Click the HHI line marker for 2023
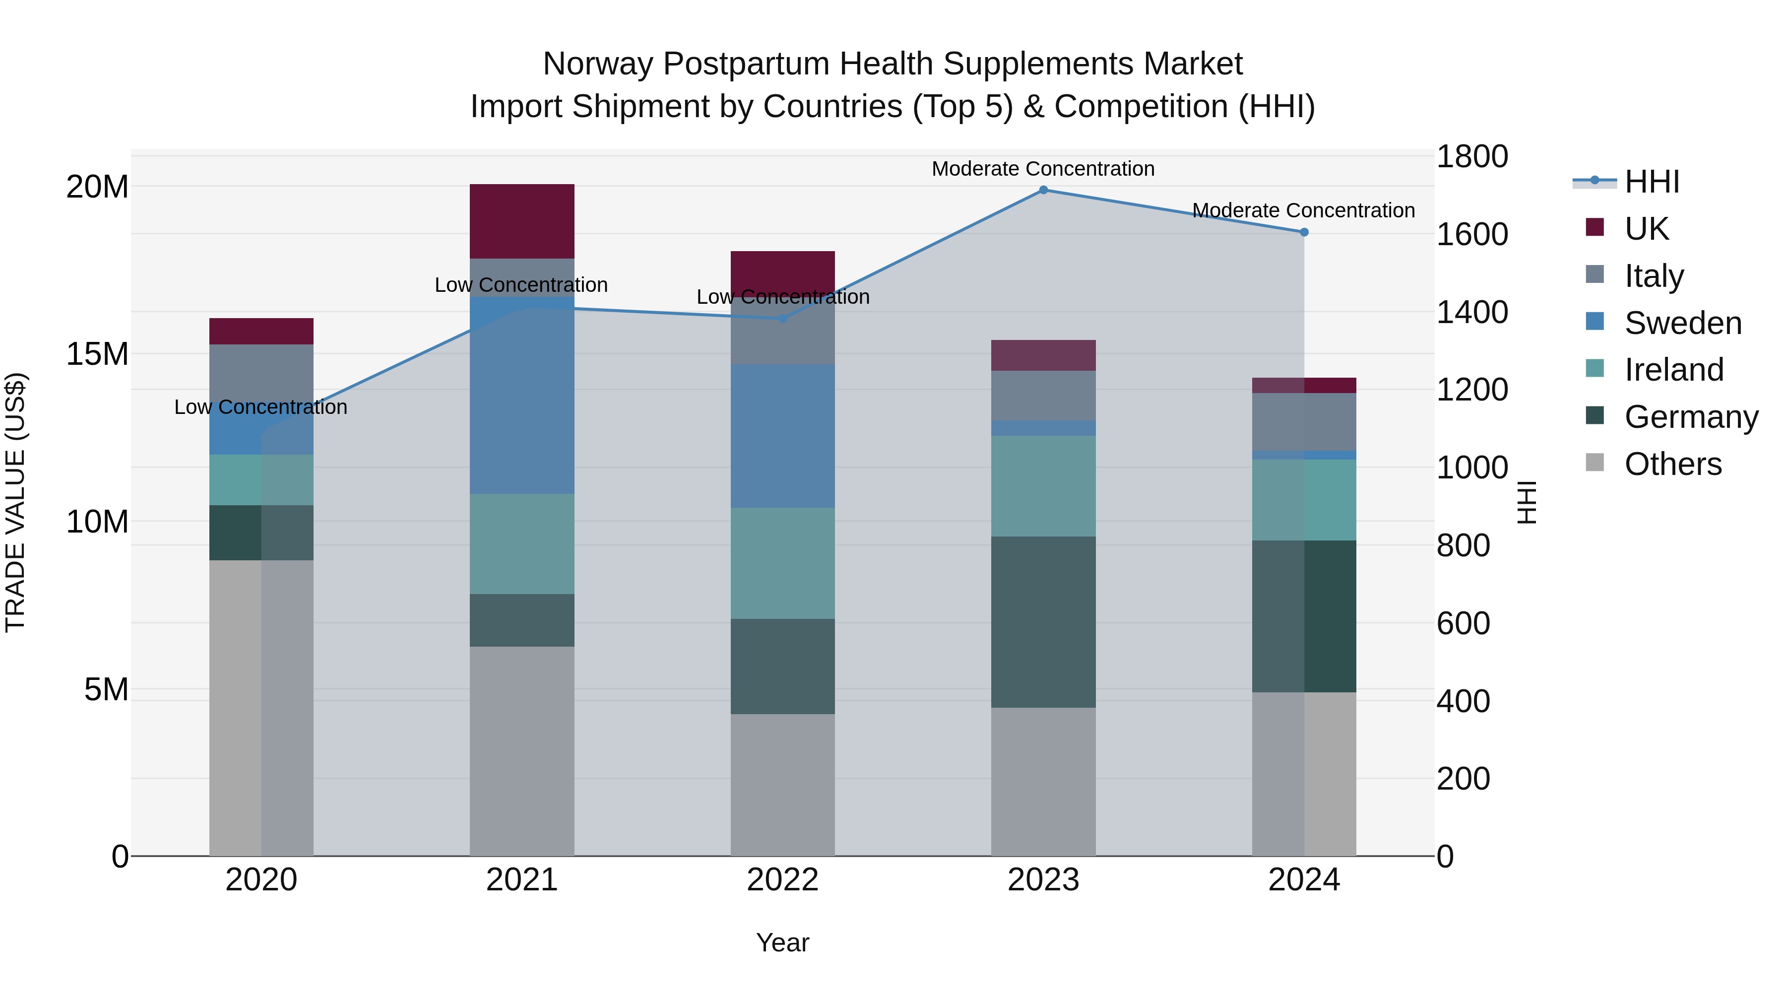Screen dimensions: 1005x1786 pyautogui.click(x=1043, y=190)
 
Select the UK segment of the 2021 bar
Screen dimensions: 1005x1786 pyautogui.click(x=522, y=221)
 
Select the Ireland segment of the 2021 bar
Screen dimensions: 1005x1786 pyautogui.click(x=522, y=544)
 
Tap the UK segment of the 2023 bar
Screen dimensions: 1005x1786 pyautogui.click(x=1043, y=355)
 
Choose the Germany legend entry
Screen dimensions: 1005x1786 pyautogui.click(x=1690, y=417)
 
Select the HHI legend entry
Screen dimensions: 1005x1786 pyautogui.click(x=1652, y=182)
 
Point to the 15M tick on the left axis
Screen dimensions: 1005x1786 pyautogui.click(x=97, y=354)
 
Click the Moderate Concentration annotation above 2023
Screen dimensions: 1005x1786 pyautogui.click(x=1043, y=169)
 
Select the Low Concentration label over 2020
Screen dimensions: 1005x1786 pyautogui.click(x=260, y=407)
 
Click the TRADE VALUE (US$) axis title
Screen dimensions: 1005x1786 pyautogui.click(x=15, y=502)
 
